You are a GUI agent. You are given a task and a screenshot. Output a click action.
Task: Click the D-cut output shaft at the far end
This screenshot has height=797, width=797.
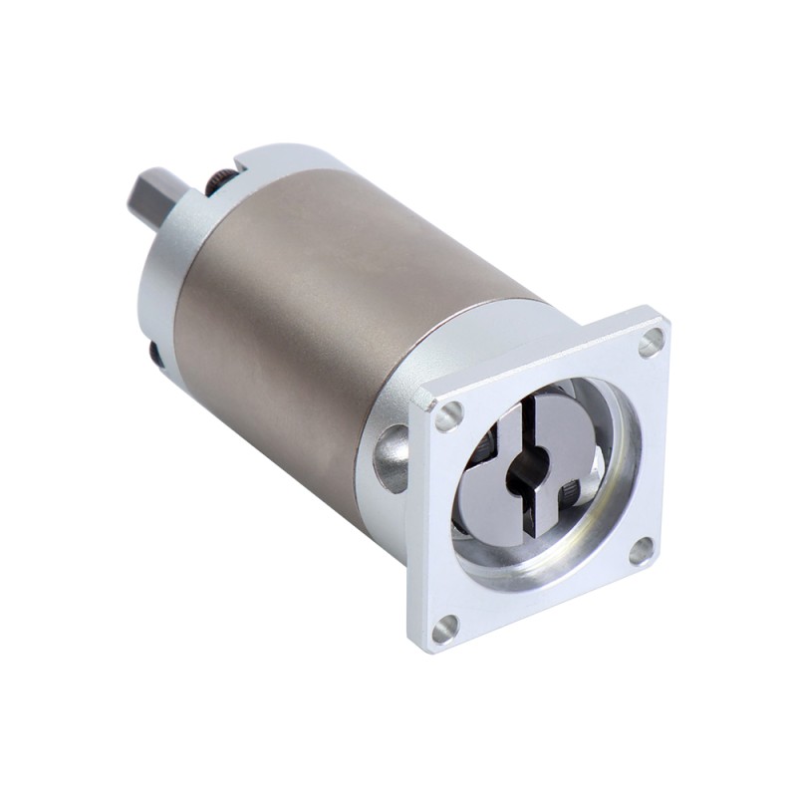point(150,196)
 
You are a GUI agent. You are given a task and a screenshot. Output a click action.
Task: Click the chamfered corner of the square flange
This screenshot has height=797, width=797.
point(422,398)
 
